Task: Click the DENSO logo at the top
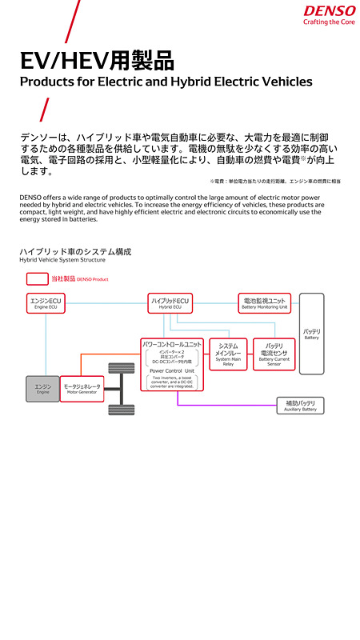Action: pos(329,10)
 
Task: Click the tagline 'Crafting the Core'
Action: pos(329,22)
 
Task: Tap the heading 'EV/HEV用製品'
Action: pos(97,61)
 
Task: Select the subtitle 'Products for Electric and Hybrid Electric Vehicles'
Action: pos(166,82)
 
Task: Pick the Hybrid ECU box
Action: pos(170,303)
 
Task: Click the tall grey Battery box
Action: pos(312,334)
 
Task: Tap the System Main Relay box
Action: pos(227,353)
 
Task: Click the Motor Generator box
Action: pos(82,389)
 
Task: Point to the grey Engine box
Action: pos(42,389)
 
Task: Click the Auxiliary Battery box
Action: pos(300,406)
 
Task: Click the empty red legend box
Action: pos(37,279)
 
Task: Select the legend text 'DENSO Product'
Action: pos(92,279)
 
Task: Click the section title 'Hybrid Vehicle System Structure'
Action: pos(62,260)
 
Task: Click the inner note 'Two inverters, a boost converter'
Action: pos(172,382)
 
